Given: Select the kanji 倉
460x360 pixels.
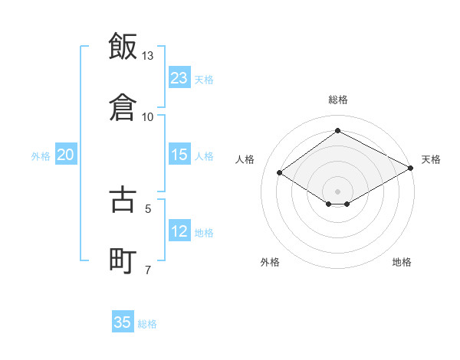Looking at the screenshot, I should coord(123,106).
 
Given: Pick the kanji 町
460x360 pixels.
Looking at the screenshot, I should coord(123,259).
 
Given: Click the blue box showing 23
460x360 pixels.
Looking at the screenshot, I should coord(179,77).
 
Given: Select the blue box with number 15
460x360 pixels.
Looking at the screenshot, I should coord(179,155).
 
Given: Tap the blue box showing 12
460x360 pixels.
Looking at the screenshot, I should coord(179,231).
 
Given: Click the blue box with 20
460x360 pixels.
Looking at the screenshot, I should coord(66,155).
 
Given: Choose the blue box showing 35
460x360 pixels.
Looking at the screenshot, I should coord(123,322).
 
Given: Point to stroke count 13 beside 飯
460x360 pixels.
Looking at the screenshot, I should coord(148,56).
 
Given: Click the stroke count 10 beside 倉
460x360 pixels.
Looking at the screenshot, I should coord(148,116).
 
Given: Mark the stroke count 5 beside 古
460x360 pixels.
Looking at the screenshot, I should coord(148,208).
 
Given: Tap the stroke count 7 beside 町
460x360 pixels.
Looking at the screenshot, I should coord(148,269).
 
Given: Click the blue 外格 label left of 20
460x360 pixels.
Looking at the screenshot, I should coord(41,156).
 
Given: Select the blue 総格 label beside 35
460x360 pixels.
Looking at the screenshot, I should coord(147,324).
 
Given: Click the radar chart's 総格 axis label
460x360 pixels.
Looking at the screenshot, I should coord(338,100).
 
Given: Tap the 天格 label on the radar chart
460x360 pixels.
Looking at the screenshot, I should coord(431,159).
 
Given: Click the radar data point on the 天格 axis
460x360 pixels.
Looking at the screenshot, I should coord(411,168).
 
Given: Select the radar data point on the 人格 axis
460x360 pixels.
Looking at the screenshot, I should coord(280,173).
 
